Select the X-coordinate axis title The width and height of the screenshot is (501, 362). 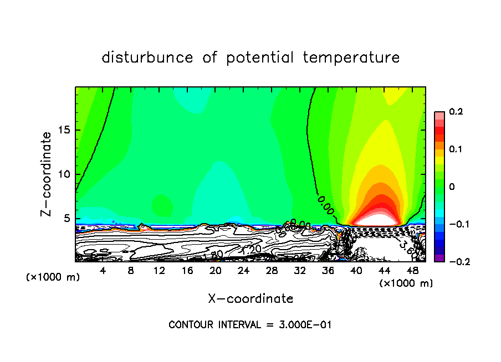coord(250,298)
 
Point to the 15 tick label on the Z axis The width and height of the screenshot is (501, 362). coord(64,130)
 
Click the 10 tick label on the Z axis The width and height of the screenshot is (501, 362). coord(64,174)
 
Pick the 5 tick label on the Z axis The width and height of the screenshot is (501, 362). coord(67,218)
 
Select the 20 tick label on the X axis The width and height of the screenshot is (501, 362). coord(216,271)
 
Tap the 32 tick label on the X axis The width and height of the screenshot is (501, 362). coord(300,271)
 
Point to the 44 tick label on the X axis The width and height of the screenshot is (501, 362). coord(384,271)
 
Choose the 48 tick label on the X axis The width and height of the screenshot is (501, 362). coord(412,271)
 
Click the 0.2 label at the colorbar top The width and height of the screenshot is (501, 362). coord(456,112)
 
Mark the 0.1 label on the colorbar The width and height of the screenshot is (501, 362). coord(456,149)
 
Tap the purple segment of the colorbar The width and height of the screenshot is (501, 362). coord(439,257)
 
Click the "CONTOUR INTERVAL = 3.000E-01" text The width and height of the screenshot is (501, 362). coord(249,325)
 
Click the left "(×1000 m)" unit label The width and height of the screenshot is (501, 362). coord(53,277)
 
